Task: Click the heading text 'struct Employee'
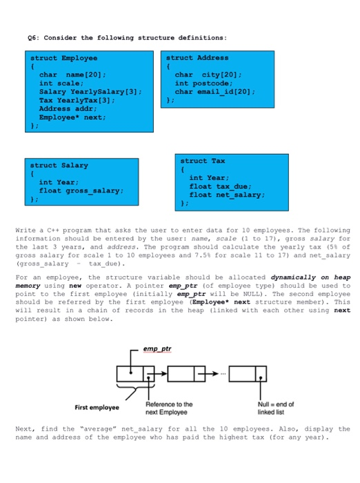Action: click(64, 58)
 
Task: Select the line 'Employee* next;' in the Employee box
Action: click(72, 117)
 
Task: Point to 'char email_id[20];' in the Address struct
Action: click(215, 91)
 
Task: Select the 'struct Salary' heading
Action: click(59, 166)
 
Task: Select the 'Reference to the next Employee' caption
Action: click(169, 408)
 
